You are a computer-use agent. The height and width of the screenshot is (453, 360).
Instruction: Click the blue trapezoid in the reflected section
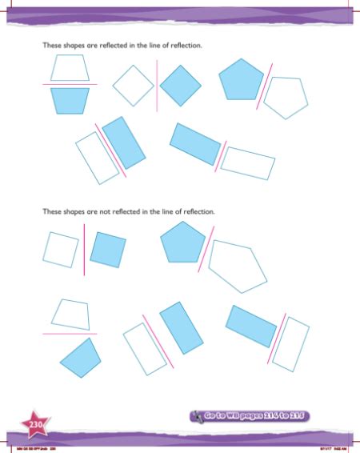pos(70,100)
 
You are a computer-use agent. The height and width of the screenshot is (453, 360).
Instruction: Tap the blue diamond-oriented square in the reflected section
pos(182,83)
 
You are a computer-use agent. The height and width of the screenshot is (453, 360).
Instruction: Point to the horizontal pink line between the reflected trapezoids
pos(70,84)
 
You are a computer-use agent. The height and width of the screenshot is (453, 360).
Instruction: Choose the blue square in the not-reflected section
pos(108,248)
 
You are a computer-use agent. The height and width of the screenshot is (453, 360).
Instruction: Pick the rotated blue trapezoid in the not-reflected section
pos(80,355)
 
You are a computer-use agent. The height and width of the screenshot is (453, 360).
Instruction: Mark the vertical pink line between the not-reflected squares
pos(84,249)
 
